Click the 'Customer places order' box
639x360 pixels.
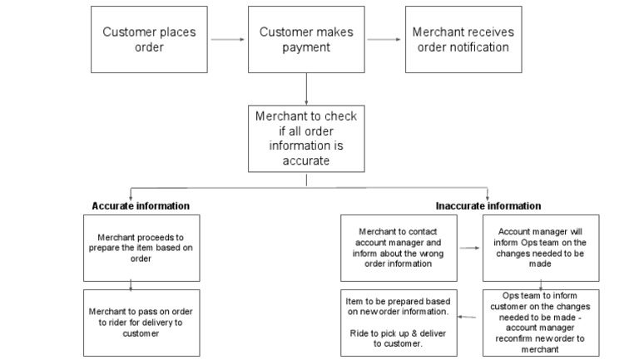(150, 39)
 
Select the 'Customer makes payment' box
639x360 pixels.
(306, 39)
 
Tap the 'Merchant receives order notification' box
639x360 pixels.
(463, 39)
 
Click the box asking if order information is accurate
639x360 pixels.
(306, 139)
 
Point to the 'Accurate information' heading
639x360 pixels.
(141, 205)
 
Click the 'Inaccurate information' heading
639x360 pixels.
(488, 205)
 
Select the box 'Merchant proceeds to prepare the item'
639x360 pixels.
(131, 247)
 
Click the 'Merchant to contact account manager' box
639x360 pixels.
(398, 247)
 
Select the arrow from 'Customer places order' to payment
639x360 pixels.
(228, 39)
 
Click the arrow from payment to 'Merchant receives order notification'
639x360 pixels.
(384, 39)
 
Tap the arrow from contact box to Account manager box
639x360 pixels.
(469, 247)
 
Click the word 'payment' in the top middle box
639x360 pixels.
(306, 47)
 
